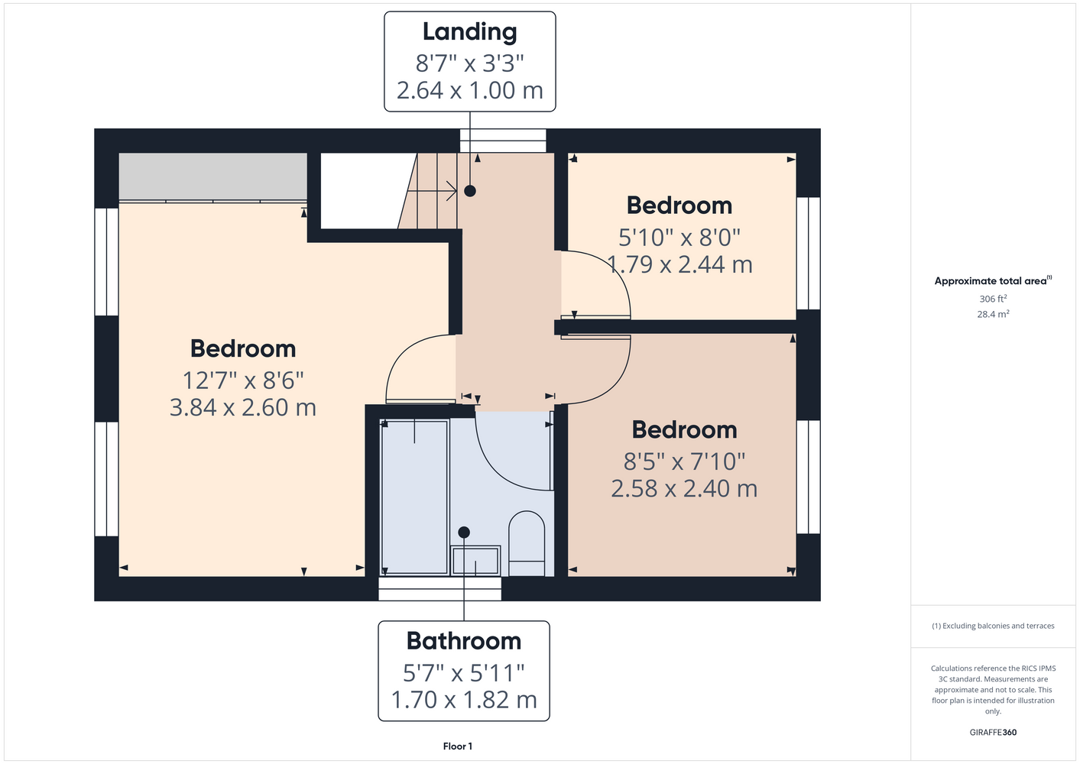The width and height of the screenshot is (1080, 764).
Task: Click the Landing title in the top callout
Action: (x=469, y=32)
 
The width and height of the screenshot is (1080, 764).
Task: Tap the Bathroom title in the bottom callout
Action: (x=464, y=640)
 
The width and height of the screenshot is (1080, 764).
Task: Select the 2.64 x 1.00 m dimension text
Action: (x=469, y=91)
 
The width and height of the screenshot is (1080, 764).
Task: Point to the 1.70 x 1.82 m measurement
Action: (x=464, y=700)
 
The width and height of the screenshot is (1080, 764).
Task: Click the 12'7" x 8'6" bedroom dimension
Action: (x=243, y=380)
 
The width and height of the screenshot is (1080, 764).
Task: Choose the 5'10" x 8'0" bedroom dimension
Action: (x=679, y=238)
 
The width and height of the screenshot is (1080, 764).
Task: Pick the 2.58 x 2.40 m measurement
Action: (x=684, y=489)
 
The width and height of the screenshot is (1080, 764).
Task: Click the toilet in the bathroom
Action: (x=527, y=543)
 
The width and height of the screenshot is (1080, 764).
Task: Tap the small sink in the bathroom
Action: (x=475, y=560)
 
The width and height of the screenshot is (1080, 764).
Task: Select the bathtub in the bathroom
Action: (x=414, y=497)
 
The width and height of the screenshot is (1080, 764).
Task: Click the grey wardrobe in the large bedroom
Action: (x=212, y=176)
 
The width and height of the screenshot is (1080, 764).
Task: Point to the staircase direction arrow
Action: (x=432, y=191)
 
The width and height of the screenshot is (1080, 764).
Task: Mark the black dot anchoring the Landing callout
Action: (x=470, y=191)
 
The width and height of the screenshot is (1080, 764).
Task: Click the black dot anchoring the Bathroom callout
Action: (x=464, y=533)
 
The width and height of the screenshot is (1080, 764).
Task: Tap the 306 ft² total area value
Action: (x=993, y=299)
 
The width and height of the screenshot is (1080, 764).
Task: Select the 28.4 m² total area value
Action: (x=993, y=314)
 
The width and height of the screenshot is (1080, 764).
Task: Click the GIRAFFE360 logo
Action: (x=993, y=732)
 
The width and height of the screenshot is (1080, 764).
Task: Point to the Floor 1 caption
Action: (x=458, y=746)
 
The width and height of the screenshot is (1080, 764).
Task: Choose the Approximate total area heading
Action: (x=993, y=280)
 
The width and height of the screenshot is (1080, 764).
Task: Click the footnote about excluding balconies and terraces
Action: (x=993, y=626)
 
